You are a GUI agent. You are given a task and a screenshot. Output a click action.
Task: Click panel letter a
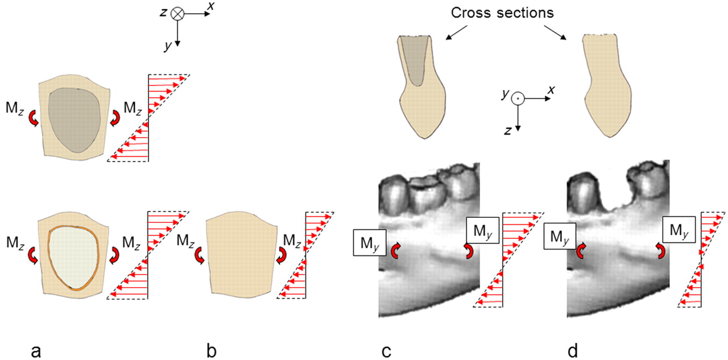tap(36, 351)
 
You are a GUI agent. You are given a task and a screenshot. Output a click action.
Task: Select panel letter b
tap(212, 351)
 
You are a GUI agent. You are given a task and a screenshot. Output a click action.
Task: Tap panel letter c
tap(386, 351)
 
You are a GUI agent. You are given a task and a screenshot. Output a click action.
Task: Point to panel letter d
tap(573, 351)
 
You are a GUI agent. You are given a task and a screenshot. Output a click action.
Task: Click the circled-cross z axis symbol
tap(178, 14)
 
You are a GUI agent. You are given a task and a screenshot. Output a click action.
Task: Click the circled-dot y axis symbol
tap(517, 98)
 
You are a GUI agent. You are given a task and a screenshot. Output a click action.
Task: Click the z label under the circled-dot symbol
tap(508, 130)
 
